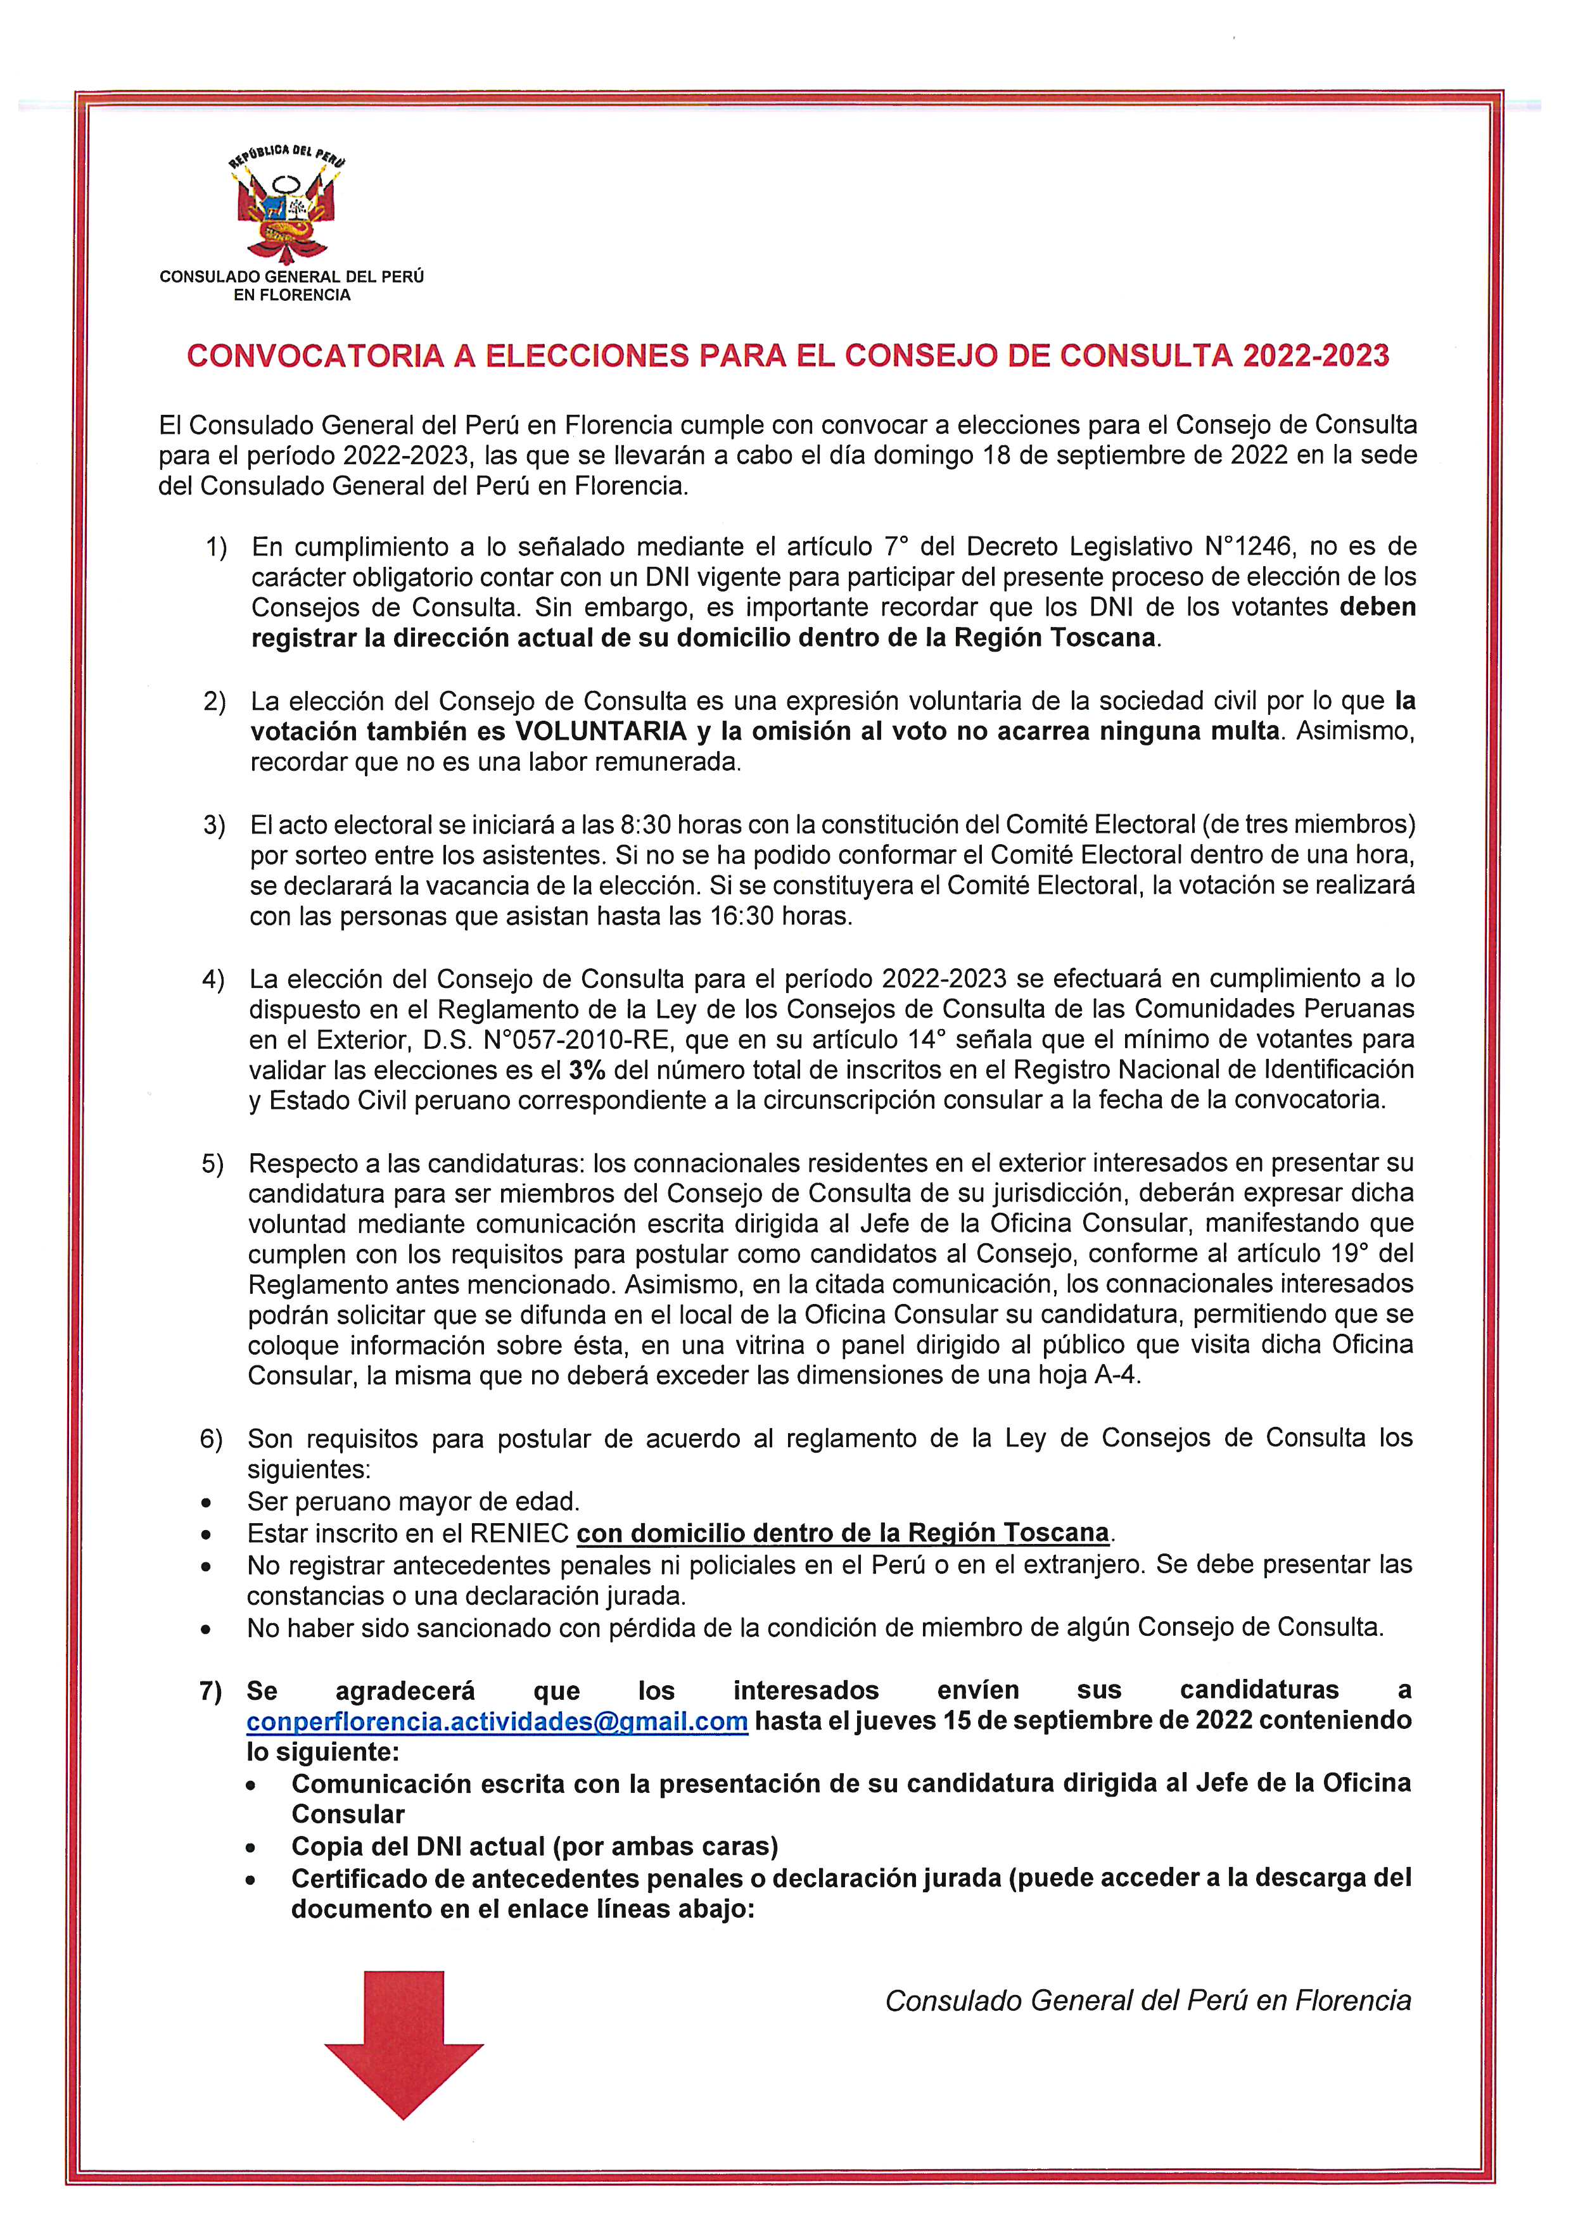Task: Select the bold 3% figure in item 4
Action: point(586,1070)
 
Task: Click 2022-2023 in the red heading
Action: point(1316,356)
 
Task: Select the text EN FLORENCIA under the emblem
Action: point(292,295)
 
